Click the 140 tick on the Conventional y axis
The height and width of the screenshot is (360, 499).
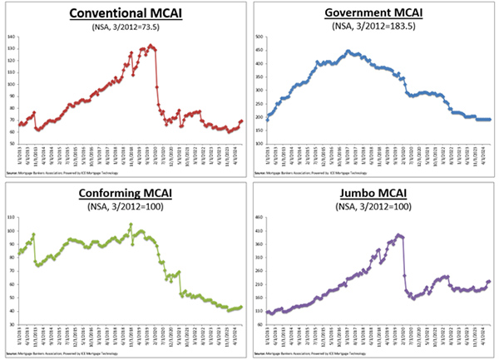11,38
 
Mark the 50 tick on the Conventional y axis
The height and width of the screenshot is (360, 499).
12,144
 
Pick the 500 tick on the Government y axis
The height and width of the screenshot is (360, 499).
258,38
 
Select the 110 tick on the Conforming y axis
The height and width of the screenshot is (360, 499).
11,218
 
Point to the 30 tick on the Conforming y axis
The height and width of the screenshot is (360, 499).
12,324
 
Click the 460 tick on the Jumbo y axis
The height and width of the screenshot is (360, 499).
258,218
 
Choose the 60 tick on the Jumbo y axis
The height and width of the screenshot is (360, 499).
259,324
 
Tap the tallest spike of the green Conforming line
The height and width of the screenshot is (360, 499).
131,224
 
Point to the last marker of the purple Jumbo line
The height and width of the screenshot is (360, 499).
488,281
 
